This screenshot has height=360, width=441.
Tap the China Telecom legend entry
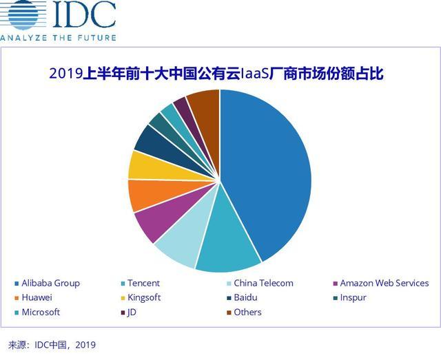[x=263, y=283]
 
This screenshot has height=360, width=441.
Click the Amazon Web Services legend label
[x=384, y=283]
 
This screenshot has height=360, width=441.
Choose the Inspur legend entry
[x=353, y=297]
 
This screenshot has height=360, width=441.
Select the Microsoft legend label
[x=41, y=312]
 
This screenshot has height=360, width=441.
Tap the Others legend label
[x=247, y=312]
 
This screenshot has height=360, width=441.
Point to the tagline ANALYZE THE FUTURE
[x=58, y=36]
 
